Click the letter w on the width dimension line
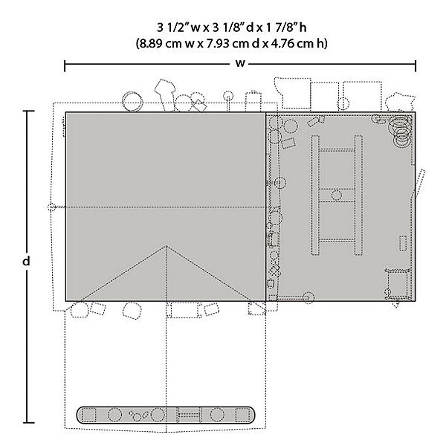point(240,63)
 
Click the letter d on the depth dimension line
point(26,261)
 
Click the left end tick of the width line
point(65,66)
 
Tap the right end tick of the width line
point(416,66)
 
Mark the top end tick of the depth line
point(28,111)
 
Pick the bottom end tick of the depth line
point(28,423)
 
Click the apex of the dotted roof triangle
point(166,246)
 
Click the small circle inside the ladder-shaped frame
point(337,195)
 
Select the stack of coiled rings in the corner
point(401,129)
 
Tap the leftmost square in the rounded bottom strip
point(88,415)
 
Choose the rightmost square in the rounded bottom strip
point(242,415)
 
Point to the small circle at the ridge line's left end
point(51,207)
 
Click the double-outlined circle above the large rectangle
point(132,101)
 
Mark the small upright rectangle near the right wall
point(402,244)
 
